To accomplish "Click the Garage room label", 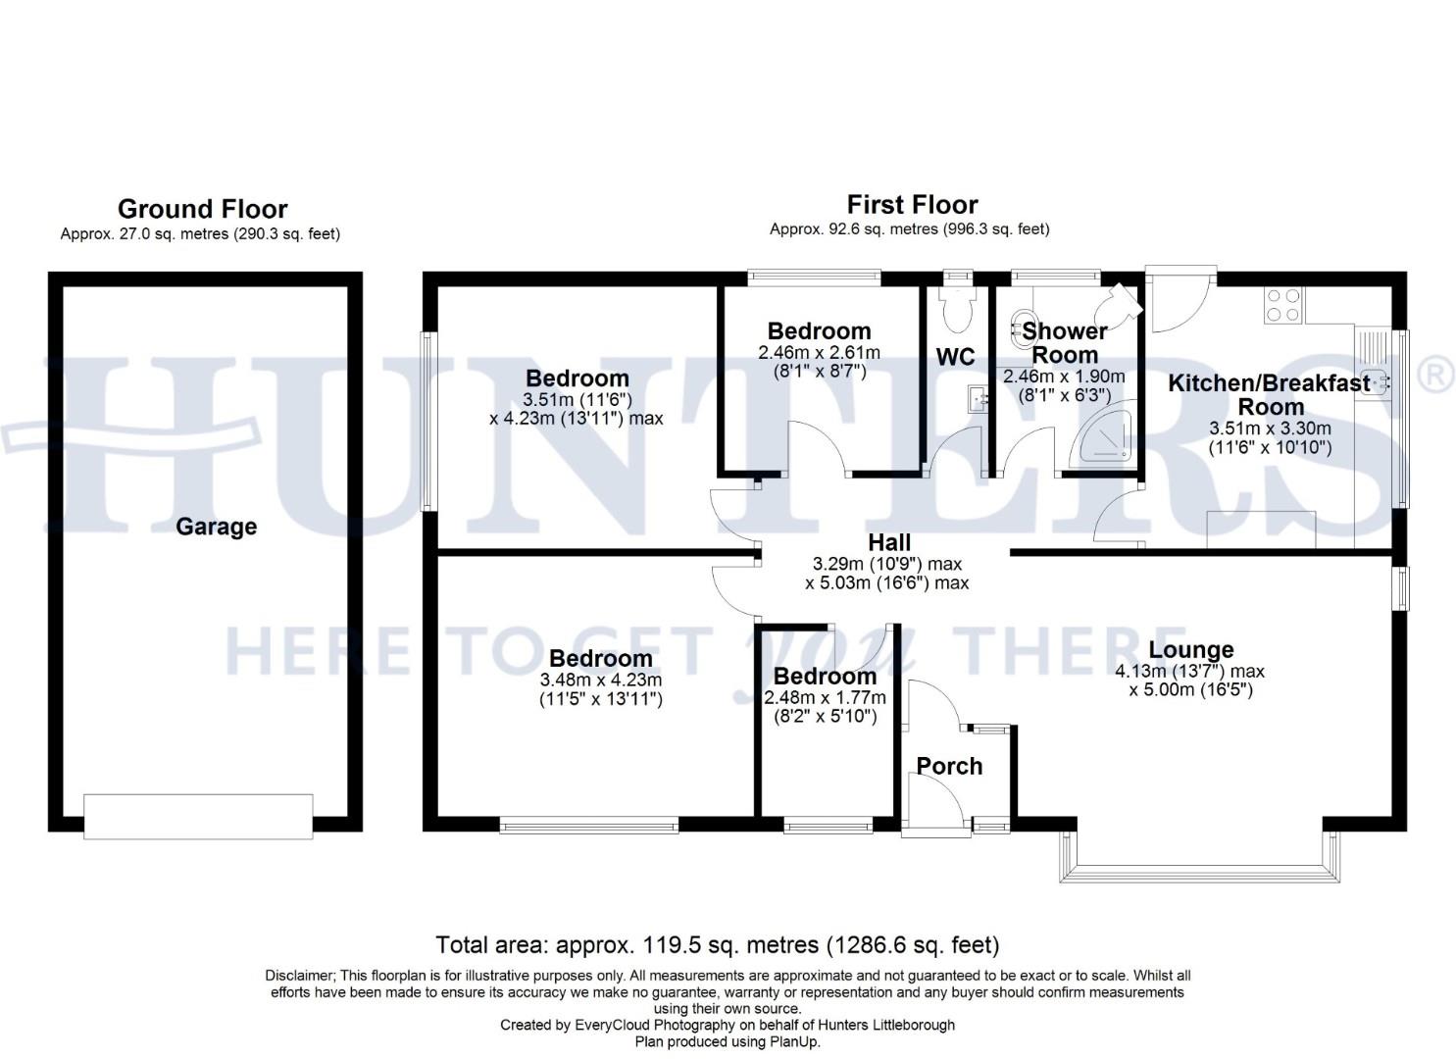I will (x=216, y=527).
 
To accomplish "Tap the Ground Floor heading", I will (x=202, y=209).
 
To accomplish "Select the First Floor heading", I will (x=912, y=205).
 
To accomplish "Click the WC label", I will (x=955, y=357).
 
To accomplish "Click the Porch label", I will (x=949, y=766).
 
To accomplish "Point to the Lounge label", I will (x=1190, y=650).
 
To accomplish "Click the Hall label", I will (x=889, y=542).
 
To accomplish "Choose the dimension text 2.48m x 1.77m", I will (x=825, y=698).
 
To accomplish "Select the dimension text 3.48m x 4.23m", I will (x=600, y=680).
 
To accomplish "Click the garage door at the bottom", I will (x=198, y=816).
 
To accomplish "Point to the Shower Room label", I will (x=1065, y=343).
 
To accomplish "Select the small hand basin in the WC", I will (x=976, y=398).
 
